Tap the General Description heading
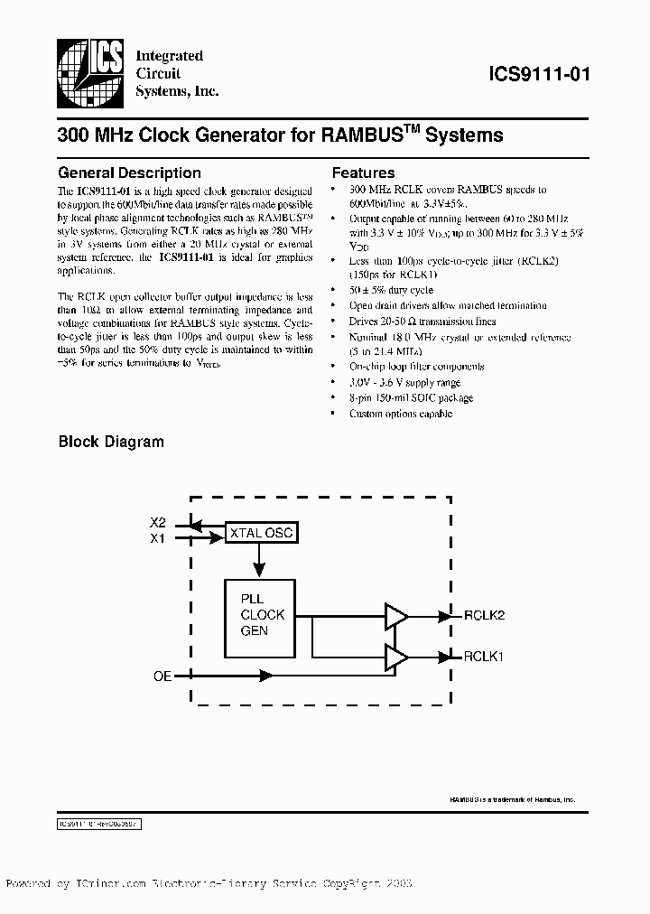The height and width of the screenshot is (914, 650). tap(129, 173)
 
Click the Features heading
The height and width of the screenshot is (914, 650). tap(363, 173)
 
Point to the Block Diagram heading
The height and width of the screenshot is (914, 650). tap(111, 442)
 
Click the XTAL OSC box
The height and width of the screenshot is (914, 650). tap(260, 533)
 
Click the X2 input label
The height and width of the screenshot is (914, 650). tap(158, 523)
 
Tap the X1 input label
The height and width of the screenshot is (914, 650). tap(158, 538)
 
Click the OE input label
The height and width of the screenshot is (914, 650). tap(162, 675)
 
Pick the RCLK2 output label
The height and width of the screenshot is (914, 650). tap(484, 615)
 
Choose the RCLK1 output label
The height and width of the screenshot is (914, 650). tap(484, 657)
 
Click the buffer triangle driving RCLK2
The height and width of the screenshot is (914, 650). tap(395, 616)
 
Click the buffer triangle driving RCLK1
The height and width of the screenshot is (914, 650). tap(395, 658)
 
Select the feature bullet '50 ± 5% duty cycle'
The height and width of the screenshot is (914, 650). tap(391, 290)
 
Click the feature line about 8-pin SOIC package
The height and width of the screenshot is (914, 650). tap(411, 397)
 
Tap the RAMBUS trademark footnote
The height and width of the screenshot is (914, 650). tap(511, 800)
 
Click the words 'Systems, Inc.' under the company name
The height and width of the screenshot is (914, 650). tap(177, 91)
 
